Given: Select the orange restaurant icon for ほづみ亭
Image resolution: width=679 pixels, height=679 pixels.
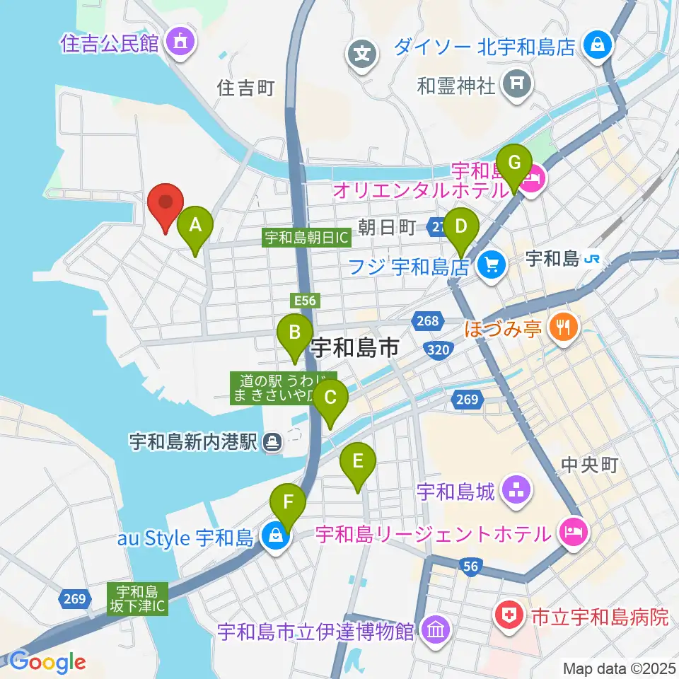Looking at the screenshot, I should click(x=564, y=327).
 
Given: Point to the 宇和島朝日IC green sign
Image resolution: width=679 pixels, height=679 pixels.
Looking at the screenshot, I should click(x=307, y=238).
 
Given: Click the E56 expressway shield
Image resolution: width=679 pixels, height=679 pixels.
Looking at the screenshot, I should click(x=306, y=301).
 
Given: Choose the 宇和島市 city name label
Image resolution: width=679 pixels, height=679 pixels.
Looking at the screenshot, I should click(x=355, y=347).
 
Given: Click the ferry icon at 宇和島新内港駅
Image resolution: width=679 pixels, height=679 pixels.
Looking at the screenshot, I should click(x=272, y=443).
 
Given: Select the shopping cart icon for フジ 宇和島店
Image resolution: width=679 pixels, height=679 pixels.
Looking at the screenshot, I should click(x=489, y=266).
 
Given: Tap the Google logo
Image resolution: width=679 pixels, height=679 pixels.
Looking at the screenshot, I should click(x=48, y=662).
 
